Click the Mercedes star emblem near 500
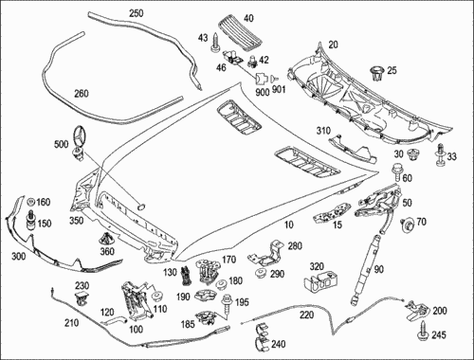pyautogui.click(x=80, y=135)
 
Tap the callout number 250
pyautogui.click(x=136, y=13)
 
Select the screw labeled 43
pyautogui.click(x=215, y=43)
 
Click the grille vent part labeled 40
pyautogui.click(x=241, y=33)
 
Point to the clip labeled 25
pyautogui.click(x=377, y=73)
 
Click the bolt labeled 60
pyautogui.click(x=396, y=172)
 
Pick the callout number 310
pyautogui.click(x=323, y=131)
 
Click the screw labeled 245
pyautogui.click(x=424, y=330)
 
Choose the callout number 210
pyautogui.click(x=71, y=323)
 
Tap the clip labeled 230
pyautogui.click(x=82, y=298)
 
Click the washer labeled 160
pyautogui.click(x=31, y=202)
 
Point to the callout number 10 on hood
pyautogui.click(x=289, y=225)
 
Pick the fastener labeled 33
pyautogui.click(x=440, y=155)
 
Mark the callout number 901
pyautogui.click(x=279, y=89)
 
